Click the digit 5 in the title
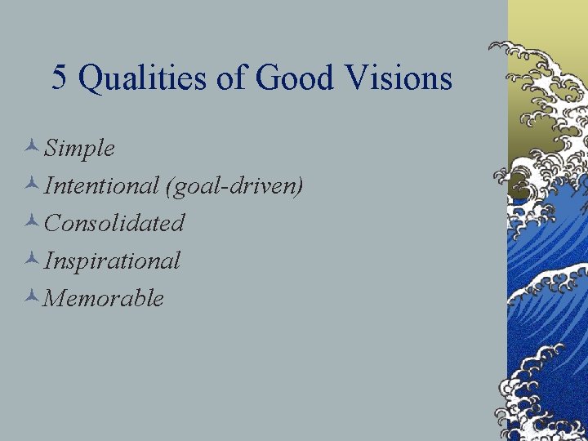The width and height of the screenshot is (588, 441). coord(60,78)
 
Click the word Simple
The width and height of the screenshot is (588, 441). coord(79,149)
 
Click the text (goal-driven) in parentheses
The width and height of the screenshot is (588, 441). coord(234,187)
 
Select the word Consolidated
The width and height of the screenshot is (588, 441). coord(114,223)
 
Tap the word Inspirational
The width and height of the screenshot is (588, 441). coord(112,261)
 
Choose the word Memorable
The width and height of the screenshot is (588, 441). coord(104,298)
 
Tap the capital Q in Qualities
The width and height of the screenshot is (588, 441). coord(91,79)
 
